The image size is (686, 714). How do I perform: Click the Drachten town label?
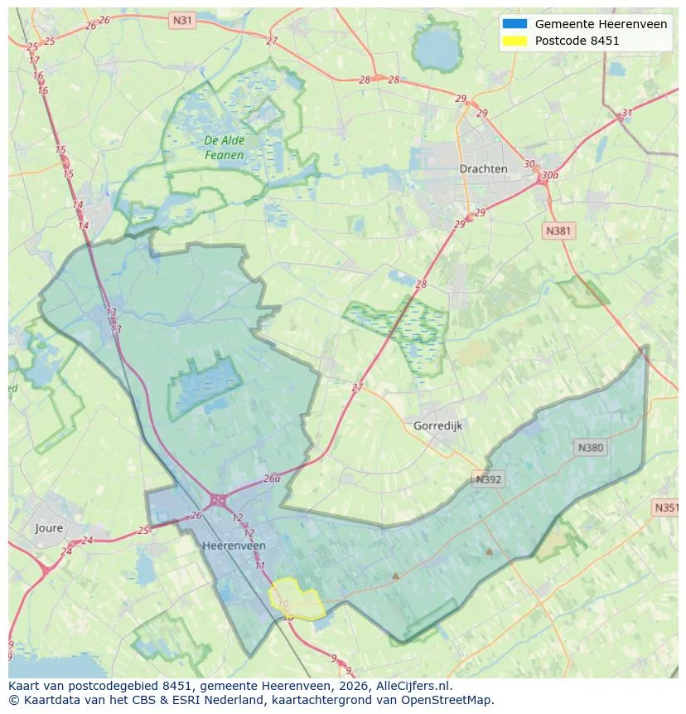(x=483, y=168)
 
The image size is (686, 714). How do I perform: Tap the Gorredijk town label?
(x=437, y=425)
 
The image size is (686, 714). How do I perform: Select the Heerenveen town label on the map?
(x=234, y=546)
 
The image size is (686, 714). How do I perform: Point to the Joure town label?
(x=49, y=527)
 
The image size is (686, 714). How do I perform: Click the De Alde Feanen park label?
(x=225, y=148)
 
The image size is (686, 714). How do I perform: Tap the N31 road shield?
(x=182, y=19)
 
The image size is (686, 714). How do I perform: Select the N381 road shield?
(x=558, y=231)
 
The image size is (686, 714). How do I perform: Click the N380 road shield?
(x=590, y=448)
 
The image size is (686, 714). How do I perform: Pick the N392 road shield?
(x=489, y=478)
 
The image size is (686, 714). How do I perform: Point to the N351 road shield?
(x=666, y=508)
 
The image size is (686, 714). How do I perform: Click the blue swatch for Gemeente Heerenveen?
(x=514, y=24)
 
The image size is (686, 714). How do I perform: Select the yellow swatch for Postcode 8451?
(x=514, y=41)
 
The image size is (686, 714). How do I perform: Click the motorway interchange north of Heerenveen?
(x=219, y=500)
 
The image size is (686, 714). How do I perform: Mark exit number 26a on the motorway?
(x=272, y=478)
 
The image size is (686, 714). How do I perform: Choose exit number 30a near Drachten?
(x=548, y=176)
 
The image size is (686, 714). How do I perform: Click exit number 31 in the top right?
(x=627, y=114)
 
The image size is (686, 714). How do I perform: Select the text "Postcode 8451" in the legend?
(x=577, y=41)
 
